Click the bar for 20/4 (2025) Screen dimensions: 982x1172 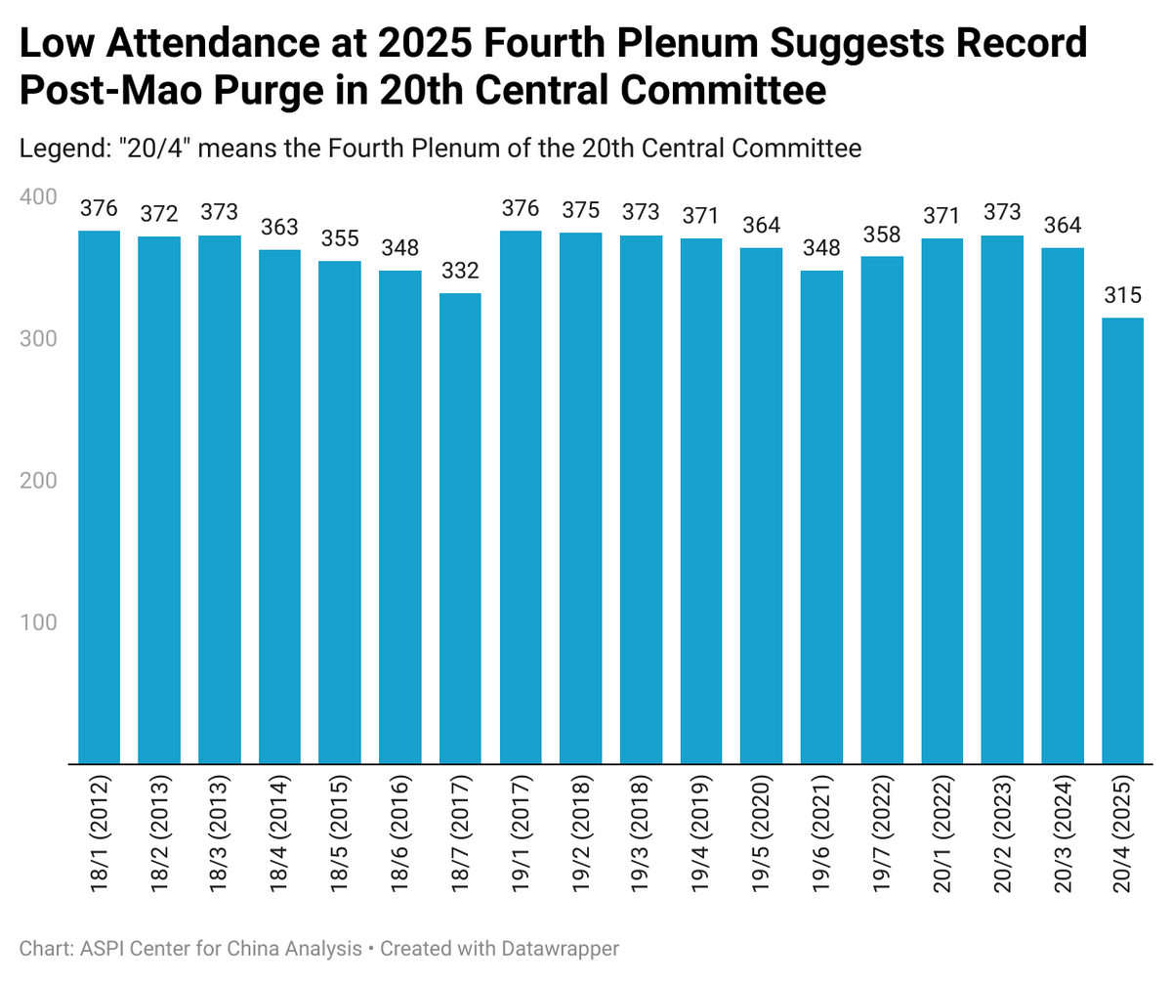[x=1122, y=540]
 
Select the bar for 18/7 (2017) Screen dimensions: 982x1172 [x=460, y=528]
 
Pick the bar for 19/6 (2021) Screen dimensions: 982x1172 [x=821, y=517]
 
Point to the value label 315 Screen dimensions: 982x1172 [x=1122, y=296]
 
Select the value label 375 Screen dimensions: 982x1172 [x=580, y=210]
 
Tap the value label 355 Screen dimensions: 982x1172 [x=340, y=239]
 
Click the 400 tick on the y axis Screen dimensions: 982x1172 [x=39, y=197]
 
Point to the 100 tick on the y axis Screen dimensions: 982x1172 [x=39, y=622]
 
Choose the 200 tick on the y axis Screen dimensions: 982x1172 [x=39, y=481]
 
